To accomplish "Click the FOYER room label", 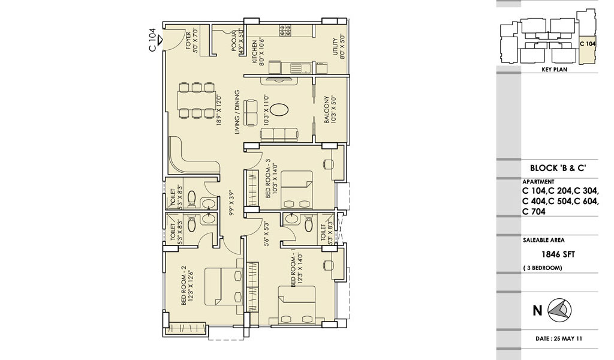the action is [x=188, y=41].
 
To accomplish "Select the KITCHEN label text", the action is [x=254, y=52].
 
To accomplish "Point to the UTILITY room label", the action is [x=335, y=47].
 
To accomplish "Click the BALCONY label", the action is [x=326, y=110].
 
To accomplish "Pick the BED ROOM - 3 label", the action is [x=268, y=178].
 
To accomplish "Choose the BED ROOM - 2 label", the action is [x=183, y=286].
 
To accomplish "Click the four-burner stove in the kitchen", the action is [x=285, y=31].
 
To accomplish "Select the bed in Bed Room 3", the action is [x=296, y=189].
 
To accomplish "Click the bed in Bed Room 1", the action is [x=296, y=305].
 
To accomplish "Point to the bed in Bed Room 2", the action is [x=224, y=286].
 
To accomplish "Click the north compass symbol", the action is [x=559, y=310].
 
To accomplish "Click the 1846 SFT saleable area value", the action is [x=558, y=254].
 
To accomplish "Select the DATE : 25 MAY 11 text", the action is [x=559, y=338].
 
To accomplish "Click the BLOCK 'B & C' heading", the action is [x=558, y=168].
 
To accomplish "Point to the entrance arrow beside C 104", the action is [x=160, y=40].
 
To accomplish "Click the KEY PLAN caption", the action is [x=554, y=70].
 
